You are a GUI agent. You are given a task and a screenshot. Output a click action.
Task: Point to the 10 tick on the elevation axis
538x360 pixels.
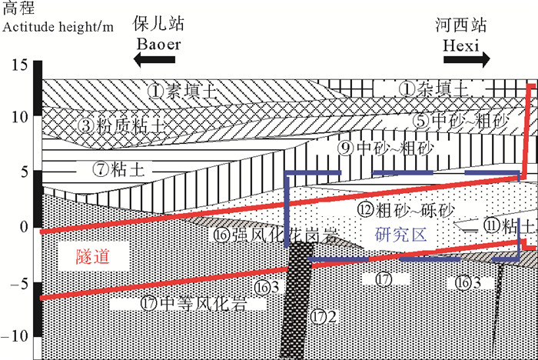click(x=20, y=117)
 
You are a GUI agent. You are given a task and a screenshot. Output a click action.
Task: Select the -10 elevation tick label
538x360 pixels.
click(x=18, y=335)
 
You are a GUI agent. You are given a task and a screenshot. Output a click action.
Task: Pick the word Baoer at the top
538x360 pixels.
click(x=158, y=44)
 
